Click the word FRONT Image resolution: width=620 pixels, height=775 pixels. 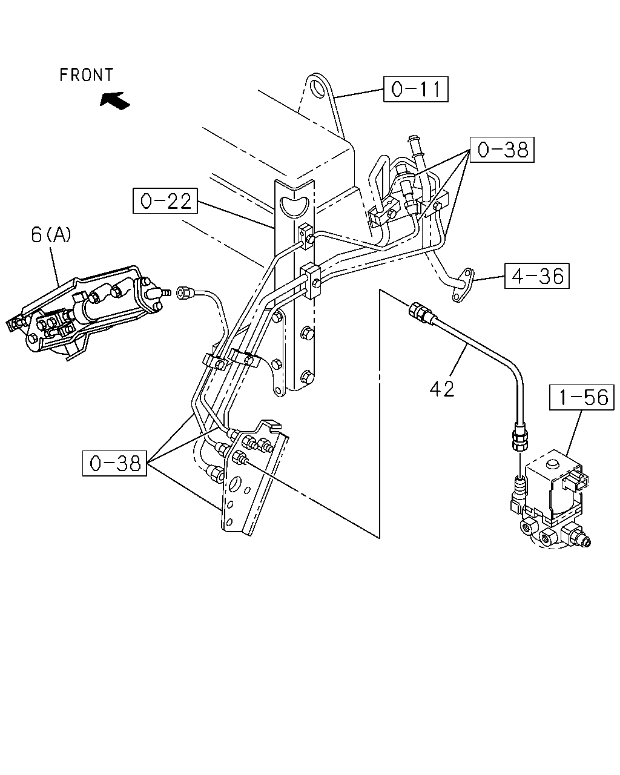coord(87,75)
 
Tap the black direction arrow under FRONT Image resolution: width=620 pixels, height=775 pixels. coord(114,100)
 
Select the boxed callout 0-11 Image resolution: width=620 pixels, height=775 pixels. coord(416,89)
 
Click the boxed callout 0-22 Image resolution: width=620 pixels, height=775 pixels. coord(165,200)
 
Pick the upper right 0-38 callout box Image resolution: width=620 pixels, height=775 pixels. coord(502,150)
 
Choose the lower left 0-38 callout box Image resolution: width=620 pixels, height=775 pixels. coord(114,463)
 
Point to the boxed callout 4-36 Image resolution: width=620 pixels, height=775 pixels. coord(537,276)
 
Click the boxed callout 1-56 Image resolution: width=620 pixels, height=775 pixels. coord(581,397)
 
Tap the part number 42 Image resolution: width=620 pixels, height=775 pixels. coord(442,389)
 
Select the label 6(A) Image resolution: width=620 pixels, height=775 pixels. coord(51,235)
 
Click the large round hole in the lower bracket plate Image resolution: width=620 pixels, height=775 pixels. coord(236,482)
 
